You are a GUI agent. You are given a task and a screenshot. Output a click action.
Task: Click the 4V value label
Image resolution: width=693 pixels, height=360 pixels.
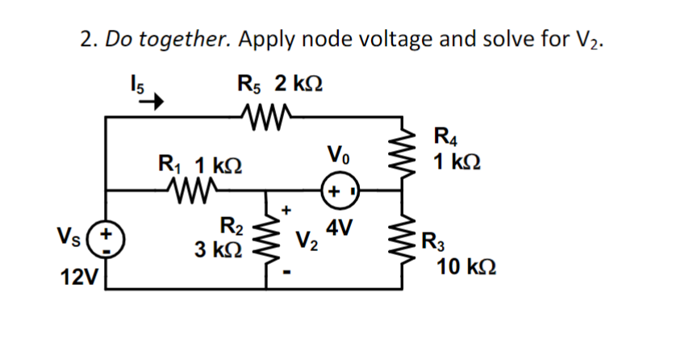(x=340, y=228)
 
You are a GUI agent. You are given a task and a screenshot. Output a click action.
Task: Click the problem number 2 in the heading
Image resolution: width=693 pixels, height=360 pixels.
(x=86, y=38)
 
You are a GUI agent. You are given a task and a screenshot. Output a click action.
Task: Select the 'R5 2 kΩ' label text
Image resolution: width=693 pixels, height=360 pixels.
(x=279, y=84)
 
